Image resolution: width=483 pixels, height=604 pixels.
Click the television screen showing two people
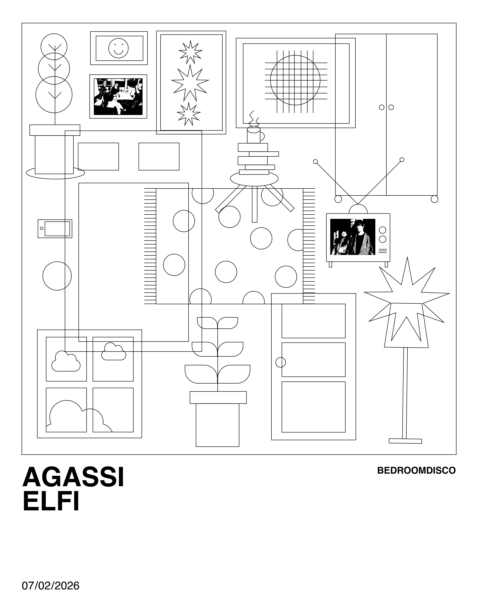pyautogui.click(x=352, y=237)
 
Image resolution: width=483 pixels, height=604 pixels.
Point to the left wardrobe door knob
pyautogui.click(x=381, y=107)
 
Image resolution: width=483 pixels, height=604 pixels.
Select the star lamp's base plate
pyautogui.click(x=405, y=441)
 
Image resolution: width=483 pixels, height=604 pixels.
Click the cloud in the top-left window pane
pyautogui.click(x=66, y=362)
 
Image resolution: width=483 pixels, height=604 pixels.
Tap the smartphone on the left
pyautogui.click(x=55, y=229)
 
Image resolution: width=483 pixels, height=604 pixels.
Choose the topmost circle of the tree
pyautogui.click(x=54, y=46)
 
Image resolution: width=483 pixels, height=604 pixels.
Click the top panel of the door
pyautogui.click(x=313, y=321)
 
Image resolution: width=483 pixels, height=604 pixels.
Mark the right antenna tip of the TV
pyautogui.click(x=402, y=160)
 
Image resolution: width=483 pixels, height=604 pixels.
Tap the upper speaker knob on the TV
pyautogui.click(x=382, y=230)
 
